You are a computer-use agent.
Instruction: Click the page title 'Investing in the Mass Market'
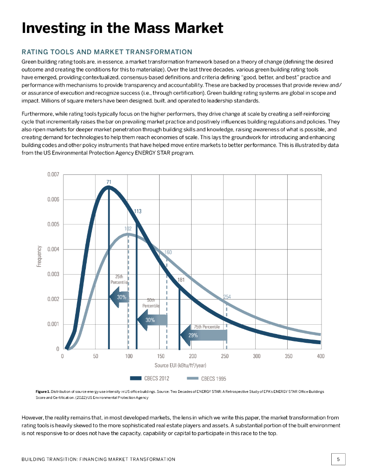122,28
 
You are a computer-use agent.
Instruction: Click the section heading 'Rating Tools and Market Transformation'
107,51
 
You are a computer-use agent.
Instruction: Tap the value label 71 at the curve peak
109,182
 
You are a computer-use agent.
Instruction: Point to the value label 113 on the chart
138,211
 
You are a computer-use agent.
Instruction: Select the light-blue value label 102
128,229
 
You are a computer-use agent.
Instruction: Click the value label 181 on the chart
181,280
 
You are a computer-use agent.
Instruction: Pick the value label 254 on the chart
227,296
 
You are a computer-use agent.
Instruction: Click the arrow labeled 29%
203,335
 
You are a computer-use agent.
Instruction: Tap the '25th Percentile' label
119,279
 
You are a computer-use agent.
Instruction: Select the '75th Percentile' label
207,327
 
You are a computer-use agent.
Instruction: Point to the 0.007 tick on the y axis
53,175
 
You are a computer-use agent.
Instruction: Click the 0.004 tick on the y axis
53,250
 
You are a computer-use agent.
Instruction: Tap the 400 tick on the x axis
320,356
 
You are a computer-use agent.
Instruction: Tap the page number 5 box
338,459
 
